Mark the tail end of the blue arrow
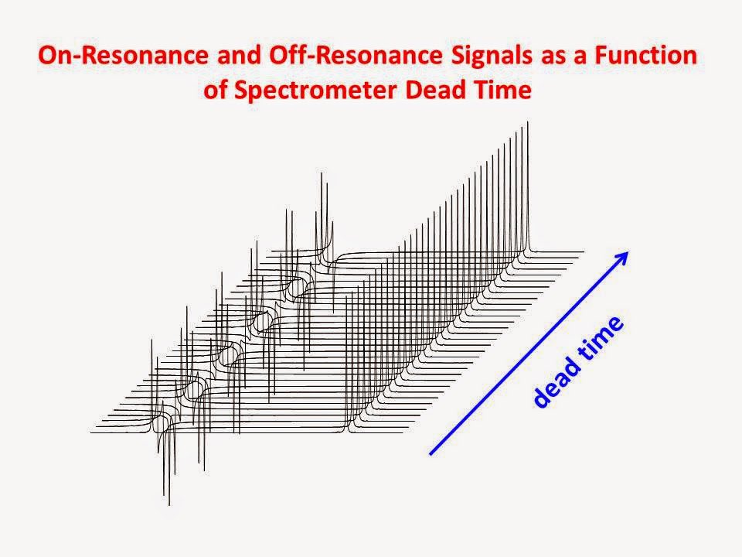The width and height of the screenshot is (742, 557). coord(430,453)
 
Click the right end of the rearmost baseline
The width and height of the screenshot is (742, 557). coord(582,252)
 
